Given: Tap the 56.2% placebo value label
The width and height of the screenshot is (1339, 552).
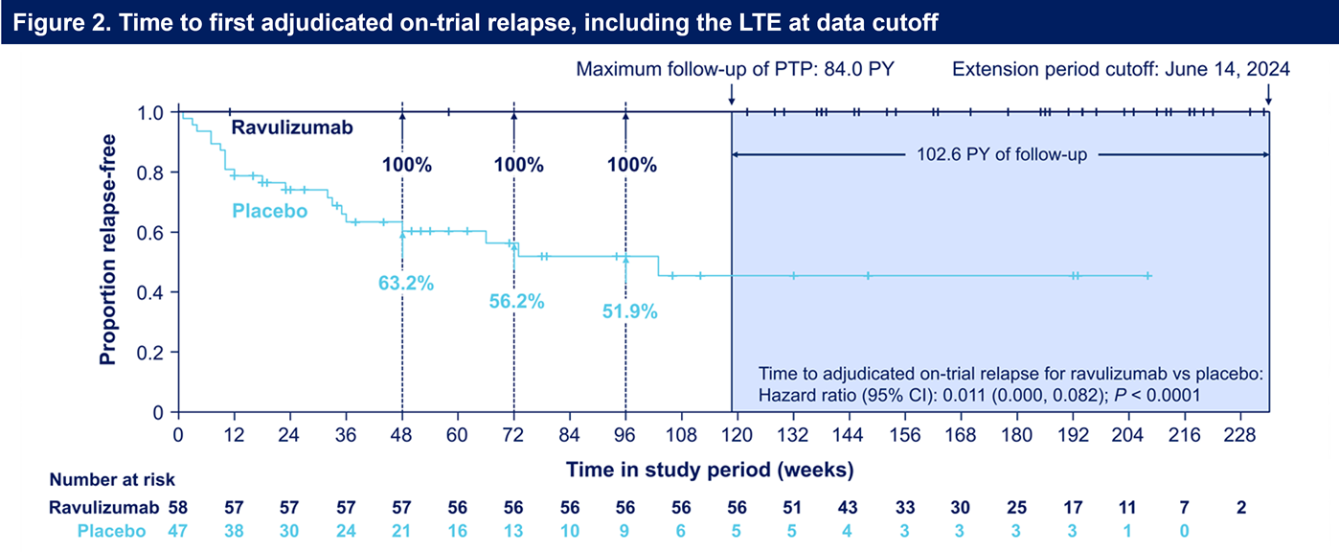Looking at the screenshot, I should pos(519,301).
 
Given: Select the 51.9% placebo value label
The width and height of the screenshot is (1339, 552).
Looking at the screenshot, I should pos(631,310).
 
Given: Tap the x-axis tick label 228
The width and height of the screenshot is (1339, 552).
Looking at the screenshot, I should pos(1241,434).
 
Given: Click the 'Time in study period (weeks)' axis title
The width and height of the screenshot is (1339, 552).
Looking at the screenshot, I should pos(709,470).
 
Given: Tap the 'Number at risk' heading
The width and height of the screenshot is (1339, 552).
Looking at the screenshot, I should pos(112,480).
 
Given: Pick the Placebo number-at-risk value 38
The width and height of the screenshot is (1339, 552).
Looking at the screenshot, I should pos(233,531).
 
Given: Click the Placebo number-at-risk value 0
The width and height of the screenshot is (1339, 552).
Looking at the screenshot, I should pos(1185,531).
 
